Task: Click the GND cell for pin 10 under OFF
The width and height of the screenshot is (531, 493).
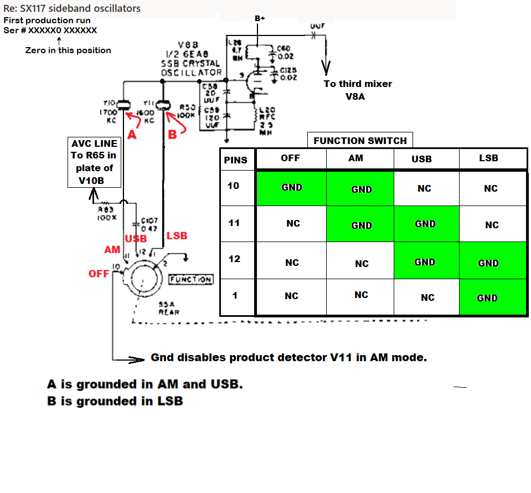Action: click(291, 188)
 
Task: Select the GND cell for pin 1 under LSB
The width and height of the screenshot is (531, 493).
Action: click(487, 298)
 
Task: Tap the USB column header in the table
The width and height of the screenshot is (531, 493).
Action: click(424, 159)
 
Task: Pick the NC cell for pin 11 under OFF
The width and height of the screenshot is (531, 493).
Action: click(293, 223)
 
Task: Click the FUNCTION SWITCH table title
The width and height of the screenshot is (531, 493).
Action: click(360, 141)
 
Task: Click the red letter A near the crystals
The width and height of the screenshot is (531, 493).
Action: click(132, 135)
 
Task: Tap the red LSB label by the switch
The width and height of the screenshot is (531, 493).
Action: click(177, 236)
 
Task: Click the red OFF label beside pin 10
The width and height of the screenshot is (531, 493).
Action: click(99, 274)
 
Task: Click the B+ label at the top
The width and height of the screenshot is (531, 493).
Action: click(260, 18)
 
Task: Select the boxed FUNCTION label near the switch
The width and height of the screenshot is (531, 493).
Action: click(190, 280)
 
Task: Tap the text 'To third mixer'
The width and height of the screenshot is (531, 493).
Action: click(358, 84)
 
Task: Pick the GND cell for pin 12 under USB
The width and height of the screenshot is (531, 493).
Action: click(425, 262)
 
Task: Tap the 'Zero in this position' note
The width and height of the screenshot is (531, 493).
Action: click(68, 50)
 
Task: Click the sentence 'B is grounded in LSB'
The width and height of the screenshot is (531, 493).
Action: click(115, 401)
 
